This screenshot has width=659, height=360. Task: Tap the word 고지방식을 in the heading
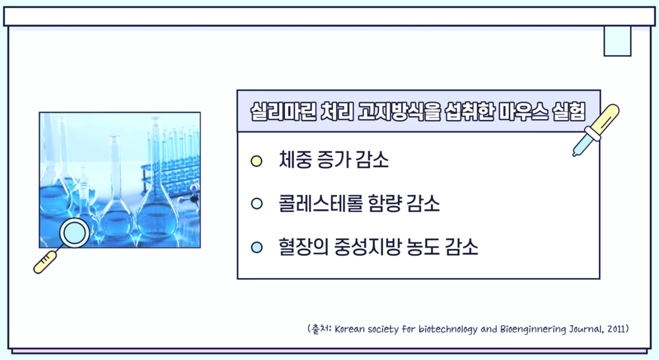pyautogui.click(x=399, y=112)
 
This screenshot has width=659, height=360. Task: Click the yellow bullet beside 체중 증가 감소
pyautogui.click(x=257, y=161)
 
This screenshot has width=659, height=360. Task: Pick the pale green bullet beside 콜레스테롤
pyautogui.click(x=257, y=204)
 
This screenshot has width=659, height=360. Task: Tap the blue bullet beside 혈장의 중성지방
pyautogui.click(x=257, y=247)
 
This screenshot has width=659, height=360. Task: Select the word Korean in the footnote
pyautogui.click(x=349, y=329)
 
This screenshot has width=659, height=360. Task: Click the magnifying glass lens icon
pyautogui.click(x=74, y=233)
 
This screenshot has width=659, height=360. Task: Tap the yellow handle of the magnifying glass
pyautogui.click(x=45, y=262)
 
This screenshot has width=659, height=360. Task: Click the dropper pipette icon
pyautogui.click(x=596, y=130)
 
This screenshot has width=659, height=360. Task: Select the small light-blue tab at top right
pyautogui.click(x=617, y=41)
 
